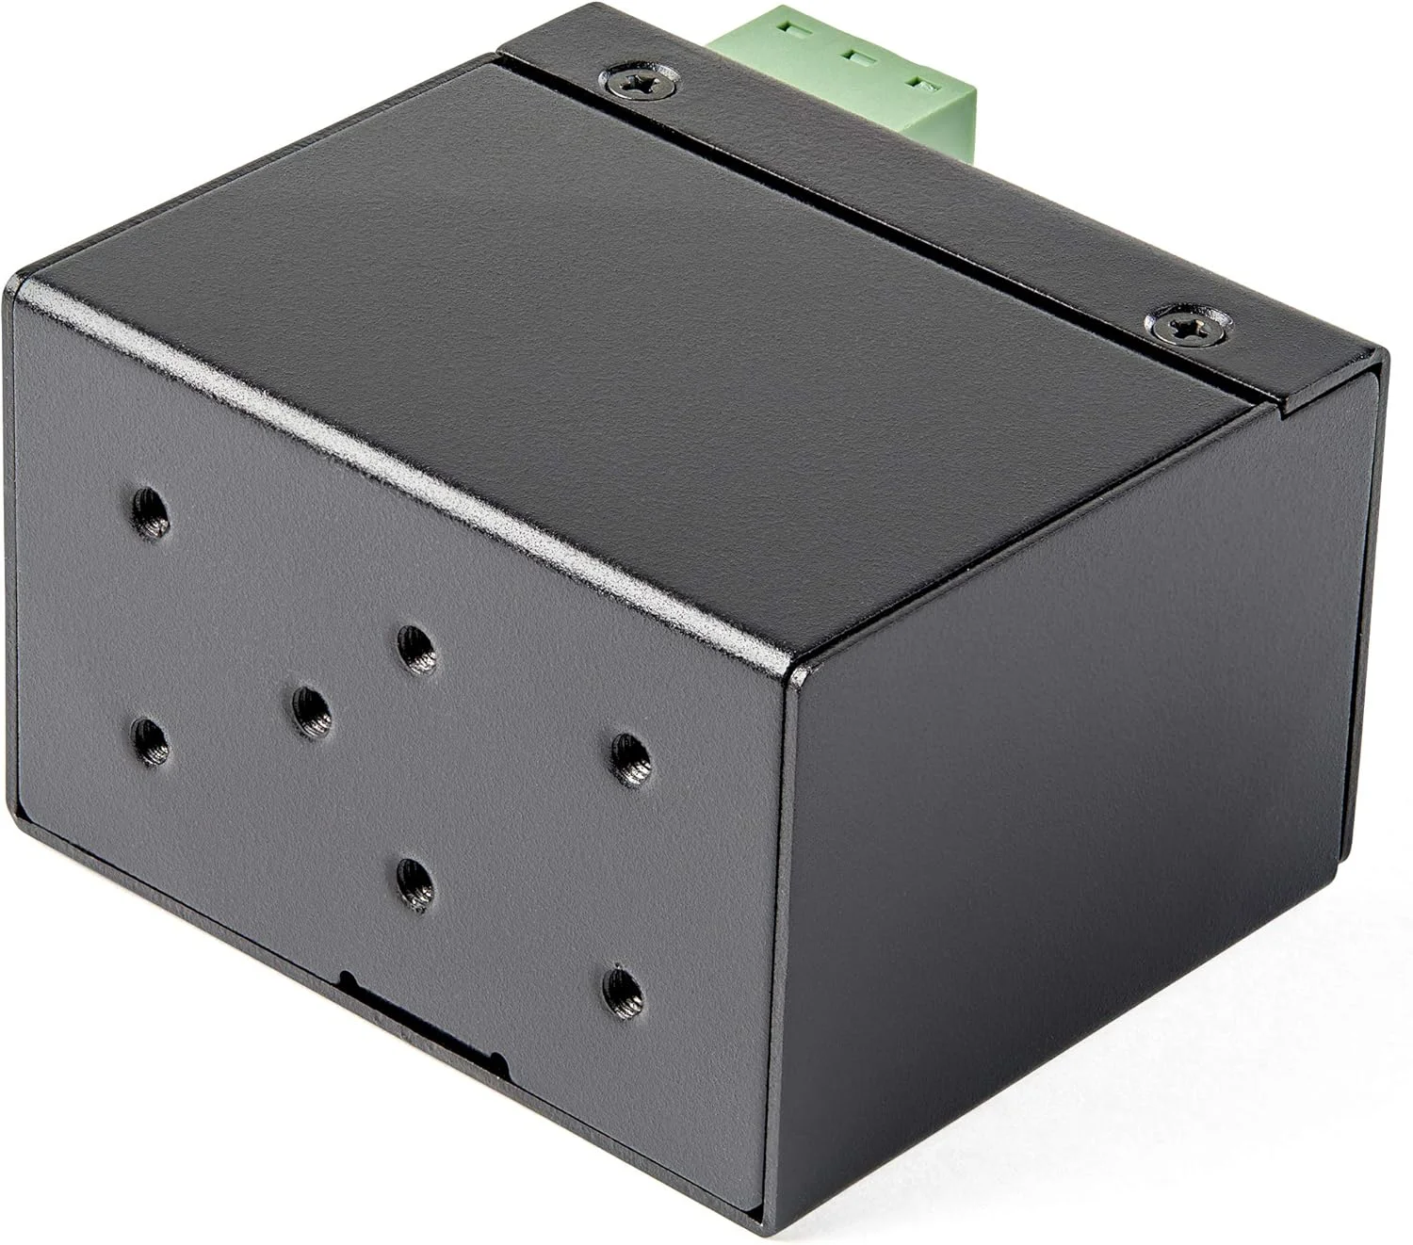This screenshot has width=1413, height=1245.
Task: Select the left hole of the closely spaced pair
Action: [311, 711]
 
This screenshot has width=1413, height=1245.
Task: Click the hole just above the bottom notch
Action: [414, 882]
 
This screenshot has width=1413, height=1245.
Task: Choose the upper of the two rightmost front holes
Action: [630, 756]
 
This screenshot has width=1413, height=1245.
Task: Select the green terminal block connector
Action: [848, 71]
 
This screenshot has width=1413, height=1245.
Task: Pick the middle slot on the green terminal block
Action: [857, 57]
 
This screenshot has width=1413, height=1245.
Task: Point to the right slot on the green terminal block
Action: [925, 85]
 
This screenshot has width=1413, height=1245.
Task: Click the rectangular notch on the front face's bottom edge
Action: [424, 1022]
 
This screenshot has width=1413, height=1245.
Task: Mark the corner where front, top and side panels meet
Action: [789, 666]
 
